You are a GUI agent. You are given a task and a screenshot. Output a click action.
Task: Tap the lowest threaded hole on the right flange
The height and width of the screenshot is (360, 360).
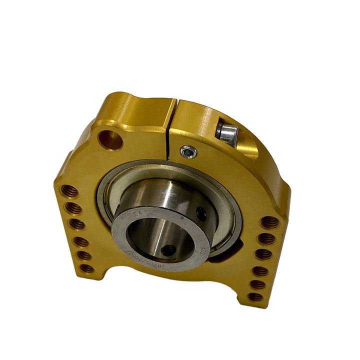(256, 296)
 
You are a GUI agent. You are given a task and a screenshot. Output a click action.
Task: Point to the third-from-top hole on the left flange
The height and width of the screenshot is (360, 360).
(76, 223)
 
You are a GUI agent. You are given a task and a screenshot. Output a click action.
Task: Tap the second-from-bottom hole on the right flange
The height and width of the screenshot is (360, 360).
(258, 283)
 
